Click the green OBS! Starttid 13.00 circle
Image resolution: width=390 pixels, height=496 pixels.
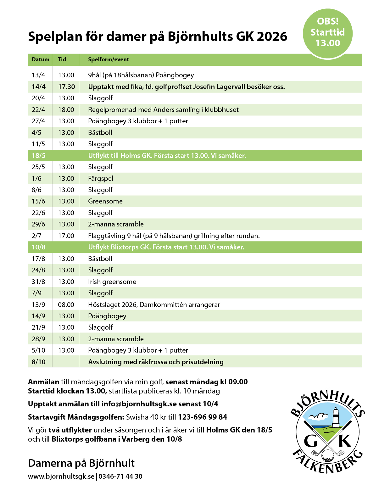point(327,33)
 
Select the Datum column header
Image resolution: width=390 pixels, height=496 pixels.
point(40,59)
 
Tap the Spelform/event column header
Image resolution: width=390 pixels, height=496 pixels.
point(109,59)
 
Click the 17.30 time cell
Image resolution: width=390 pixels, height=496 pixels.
point(66,87)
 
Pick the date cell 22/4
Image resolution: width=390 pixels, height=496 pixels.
point(38,110)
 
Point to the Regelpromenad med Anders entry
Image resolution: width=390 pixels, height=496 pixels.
point(163,110)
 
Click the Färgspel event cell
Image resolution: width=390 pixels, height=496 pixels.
point(101,179)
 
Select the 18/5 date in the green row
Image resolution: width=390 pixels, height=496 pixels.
point(38,156)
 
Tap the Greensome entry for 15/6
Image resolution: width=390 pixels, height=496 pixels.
point(105,201)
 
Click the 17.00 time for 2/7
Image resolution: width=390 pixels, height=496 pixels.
point(66,236)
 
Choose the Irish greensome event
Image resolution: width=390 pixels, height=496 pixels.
point(112,282)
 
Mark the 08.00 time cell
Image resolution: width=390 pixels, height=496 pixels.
point(66,305)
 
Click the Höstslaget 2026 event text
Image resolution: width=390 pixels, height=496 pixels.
point(154,305)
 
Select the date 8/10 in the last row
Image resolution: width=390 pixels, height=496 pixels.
point(38,362)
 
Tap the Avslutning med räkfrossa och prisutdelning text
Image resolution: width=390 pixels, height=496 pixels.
point(156,362)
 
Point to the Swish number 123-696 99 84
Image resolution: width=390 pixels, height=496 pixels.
point(203,417)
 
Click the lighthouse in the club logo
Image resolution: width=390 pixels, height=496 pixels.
point(336,417)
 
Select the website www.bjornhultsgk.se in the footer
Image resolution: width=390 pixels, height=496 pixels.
point(61,476)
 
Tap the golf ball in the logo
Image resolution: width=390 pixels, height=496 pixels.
point(328,455)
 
